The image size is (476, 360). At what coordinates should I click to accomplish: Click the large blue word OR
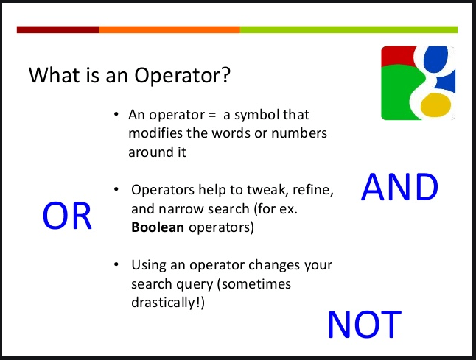point(67,216)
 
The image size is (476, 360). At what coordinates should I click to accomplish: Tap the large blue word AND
point(399,187)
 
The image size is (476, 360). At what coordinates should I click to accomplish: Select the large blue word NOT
point(365,324)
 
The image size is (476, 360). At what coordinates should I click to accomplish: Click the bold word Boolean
point(158,227)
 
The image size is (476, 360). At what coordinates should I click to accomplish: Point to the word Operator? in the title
point(183,76)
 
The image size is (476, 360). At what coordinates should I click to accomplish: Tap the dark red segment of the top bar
point(57,29)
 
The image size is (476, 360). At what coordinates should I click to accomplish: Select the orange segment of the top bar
point(169,29)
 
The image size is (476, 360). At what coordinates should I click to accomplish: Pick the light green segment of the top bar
point(349,29)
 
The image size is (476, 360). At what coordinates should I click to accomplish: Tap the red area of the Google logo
point(397,55)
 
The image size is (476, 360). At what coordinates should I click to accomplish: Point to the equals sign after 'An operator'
point(212,115)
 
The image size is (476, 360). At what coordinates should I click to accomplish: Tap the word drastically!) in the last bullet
point(168,303)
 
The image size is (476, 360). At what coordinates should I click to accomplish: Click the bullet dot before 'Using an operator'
point(116,264)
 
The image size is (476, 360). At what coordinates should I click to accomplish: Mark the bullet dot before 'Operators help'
point(116,189)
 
